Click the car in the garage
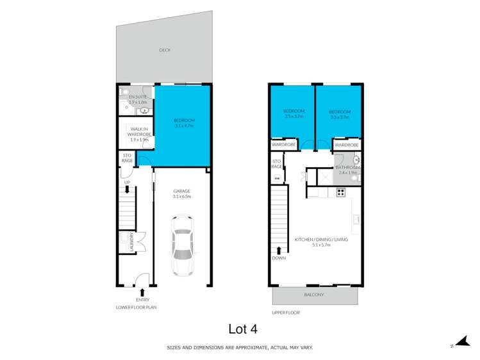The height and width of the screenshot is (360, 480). click(x=182, y=244)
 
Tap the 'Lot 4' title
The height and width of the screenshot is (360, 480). click(x=243, y=329)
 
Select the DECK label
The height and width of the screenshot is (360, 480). click(x=165, y=50)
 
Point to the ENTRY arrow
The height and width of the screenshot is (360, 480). click(x=142, y=293)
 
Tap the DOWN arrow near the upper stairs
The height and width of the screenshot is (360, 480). click(x=279, y=250)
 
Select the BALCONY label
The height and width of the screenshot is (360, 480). click(x=314, y=295)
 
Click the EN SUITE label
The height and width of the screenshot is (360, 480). click(x=138, y=97)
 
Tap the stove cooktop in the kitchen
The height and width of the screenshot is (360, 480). click(x=341, y=192)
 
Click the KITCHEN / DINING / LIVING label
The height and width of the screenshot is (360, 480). click(x=320, y=239)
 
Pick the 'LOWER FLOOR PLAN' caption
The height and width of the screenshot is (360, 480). click(x=136, y=307)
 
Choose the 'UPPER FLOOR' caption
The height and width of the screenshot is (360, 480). click(x=286, y=313)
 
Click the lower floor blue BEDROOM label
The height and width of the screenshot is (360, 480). click(x=184, y=120)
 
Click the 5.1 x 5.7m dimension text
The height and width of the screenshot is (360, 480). click(x=320, y=245)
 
